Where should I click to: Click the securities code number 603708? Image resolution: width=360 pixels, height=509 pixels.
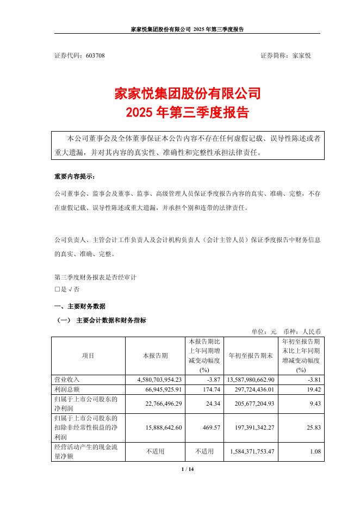95,55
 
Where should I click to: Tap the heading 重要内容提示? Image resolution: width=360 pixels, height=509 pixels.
77,177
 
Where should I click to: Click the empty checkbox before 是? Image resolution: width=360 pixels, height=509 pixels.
57,289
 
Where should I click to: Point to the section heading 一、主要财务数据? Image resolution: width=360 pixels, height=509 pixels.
80,306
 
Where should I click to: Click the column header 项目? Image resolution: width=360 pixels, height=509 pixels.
88,356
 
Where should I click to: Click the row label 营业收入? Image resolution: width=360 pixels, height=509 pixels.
67,379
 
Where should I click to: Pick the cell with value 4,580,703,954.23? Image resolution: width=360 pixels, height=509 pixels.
156,379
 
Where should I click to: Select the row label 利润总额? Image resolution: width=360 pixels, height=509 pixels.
67,389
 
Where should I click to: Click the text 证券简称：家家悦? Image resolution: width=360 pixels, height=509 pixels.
285,55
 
